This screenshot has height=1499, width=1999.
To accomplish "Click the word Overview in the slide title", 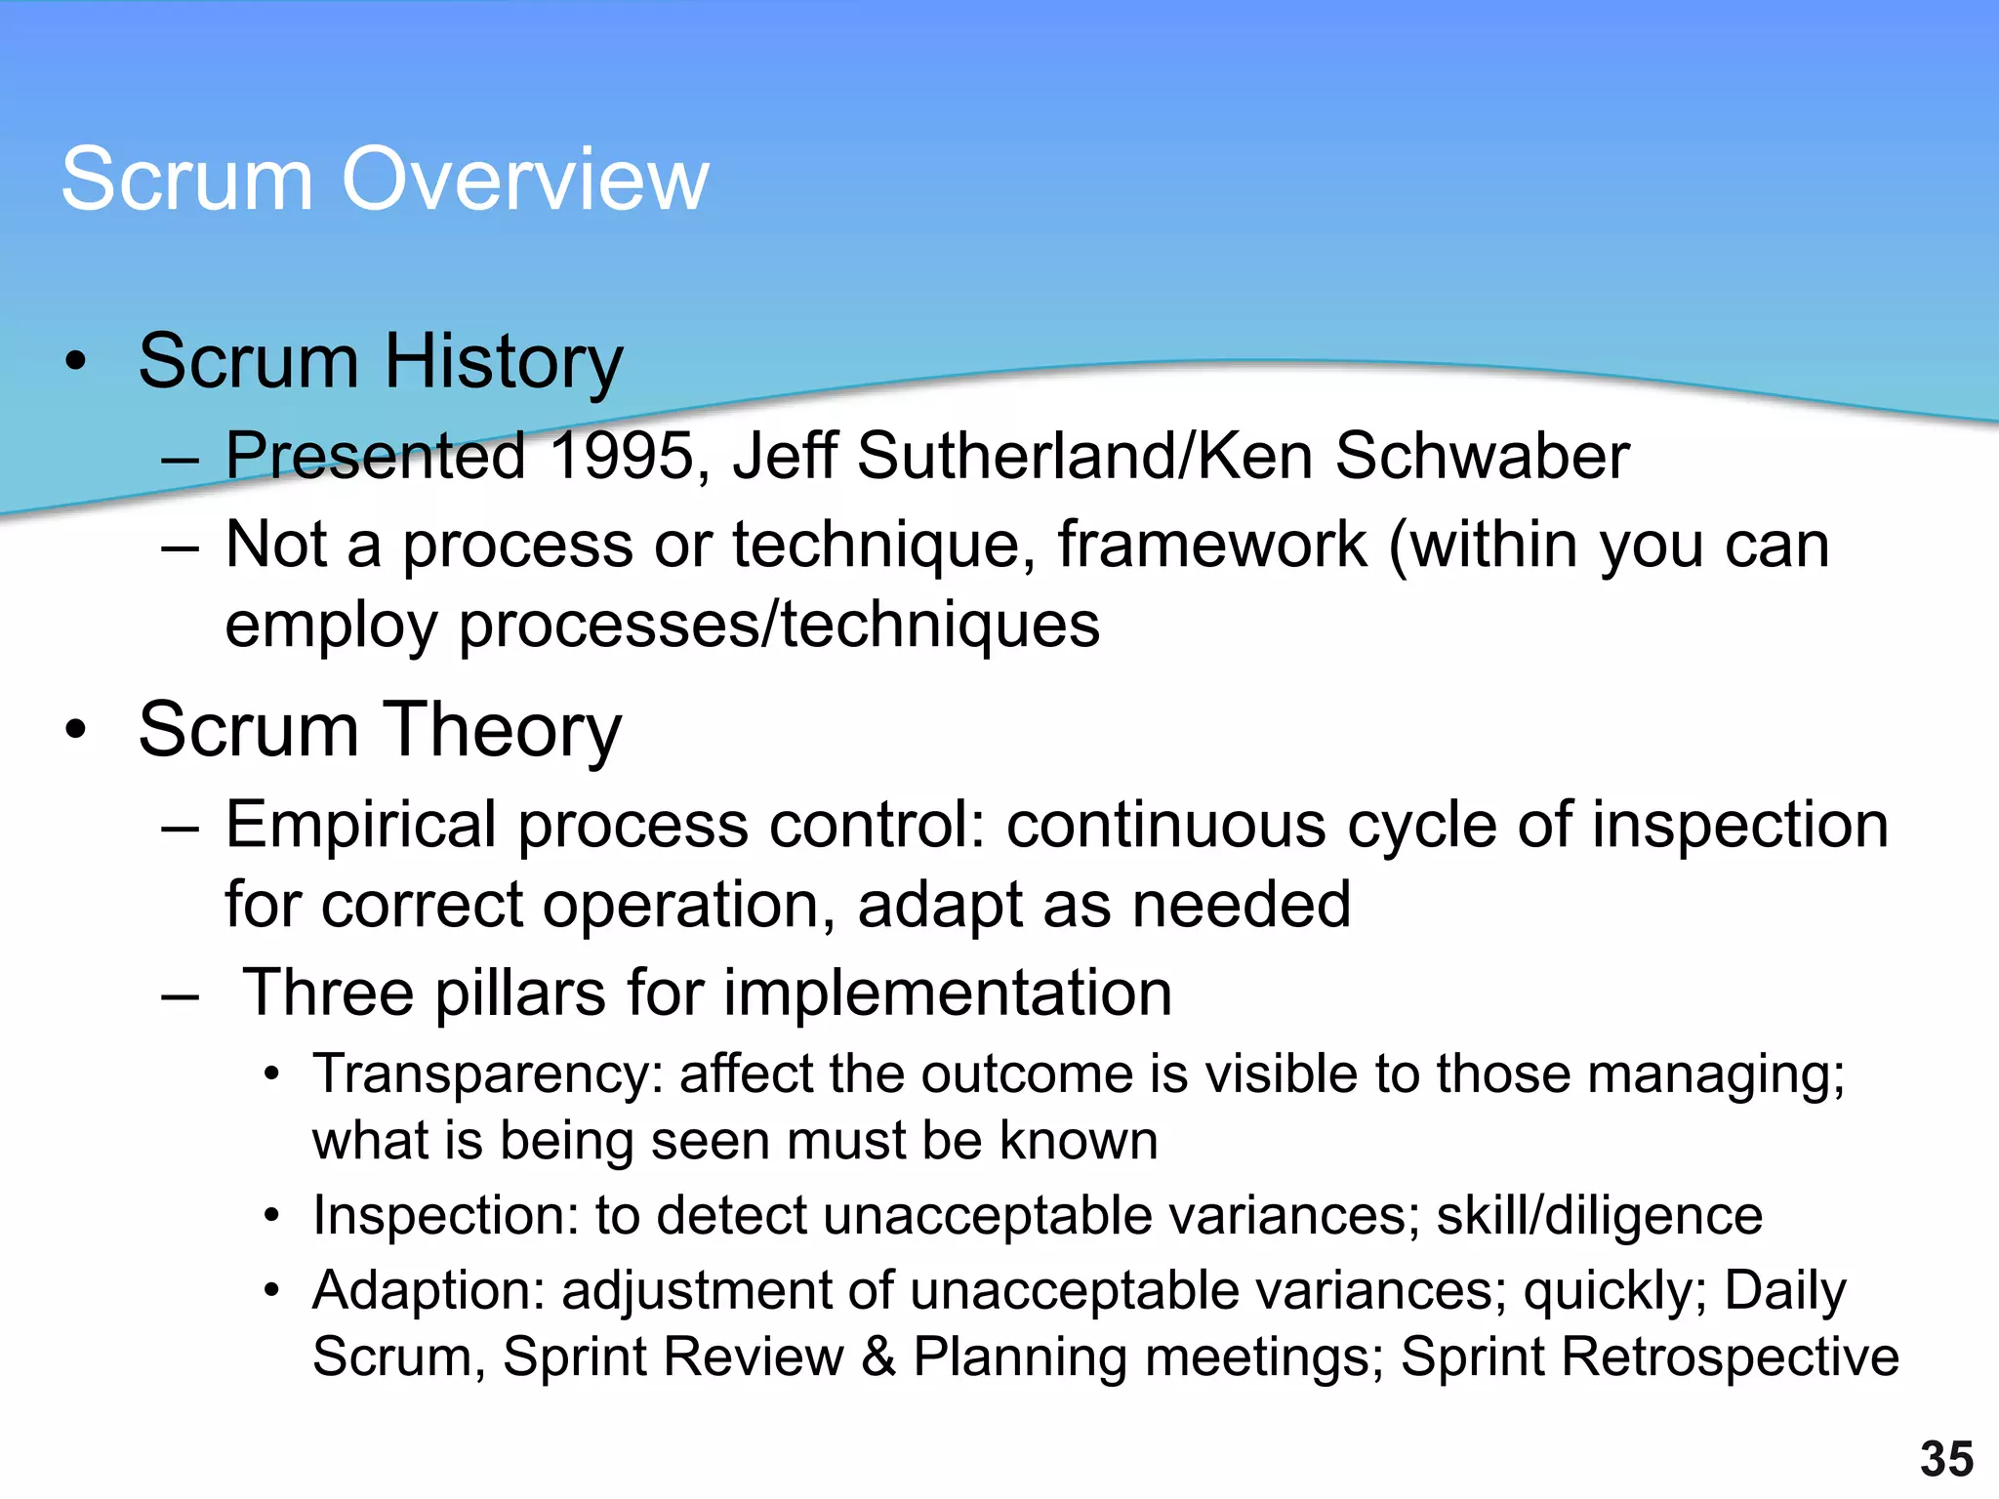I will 524,179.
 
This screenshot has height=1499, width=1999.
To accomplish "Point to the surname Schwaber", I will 1482,456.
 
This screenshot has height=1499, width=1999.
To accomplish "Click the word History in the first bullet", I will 503,362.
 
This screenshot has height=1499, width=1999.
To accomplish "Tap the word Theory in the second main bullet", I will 503,731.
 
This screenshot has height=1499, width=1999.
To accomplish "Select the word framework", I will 1211,544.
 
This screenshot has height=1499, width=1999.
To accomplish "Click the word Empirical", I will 361,826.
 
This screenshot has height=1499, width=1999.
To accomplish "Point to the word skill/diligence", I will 1599,1217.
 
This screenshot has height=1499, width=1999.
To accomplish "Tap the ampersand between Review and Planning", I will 877,1357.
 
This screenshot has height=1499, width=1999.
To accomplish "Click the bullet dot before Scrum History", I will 76,362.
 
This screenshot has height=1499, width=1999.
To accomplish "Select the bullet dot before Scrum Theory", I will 76,731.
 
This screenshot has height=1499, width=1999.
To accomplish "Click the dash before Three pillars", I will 182,997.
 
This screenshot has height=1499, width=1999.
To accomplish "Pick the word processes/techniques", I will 779,625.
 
